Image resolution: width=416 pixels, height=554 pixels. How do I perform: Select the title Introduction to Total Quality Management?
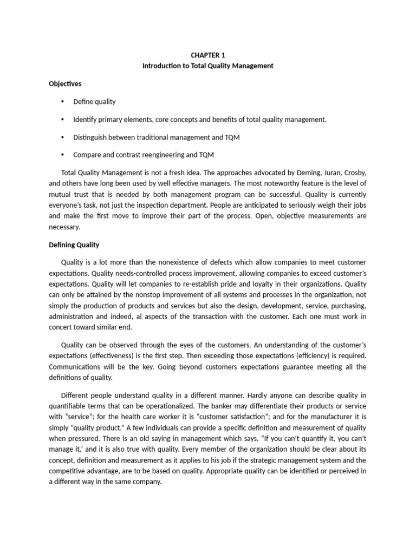coord(207,66)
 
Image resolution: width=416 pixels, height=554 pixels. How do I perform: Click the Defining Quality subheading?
coord(74,245)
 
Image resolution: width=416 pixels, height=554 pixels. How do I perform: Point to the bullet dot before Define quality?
coord(63,102)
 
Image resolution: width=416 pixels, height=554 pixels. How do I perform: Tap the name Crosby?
coord(353,173)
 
